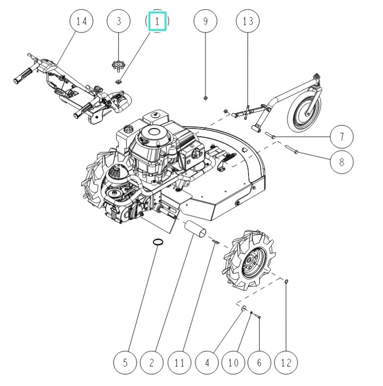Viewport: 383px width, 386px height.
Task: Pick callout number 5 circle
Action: click(x=125, y=363)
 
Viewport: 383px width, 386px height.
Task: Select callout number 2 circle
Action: click(x=152, y=363)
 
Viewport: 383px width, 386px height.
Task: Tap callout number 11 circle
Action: click(x=180, y=363)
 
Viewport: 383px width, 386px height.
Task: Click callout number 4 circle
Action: click(x=207, y=363)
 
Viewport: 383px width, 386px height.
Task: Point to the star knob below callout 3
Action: click(x=118, y=64)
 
